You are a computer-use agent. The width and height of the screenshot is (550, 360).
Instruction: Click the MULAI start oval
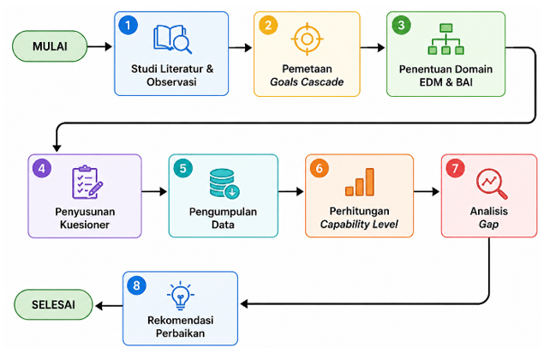click(50, 46)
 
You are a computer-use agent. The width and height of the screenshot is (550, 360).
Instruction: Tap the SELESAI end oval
click(53, 304)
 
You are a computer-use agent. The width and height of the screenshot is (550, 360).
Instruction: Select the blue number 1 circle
click(128, 25)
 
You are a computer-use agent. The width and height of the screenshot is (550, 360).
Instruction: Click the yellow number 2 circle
click(268, 25)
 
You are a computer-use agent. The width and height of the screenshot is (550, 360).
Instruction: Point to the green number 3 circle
click(401, 25)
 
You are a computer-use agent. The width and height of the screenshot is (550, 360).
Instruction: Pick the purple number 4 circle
click(42, 168)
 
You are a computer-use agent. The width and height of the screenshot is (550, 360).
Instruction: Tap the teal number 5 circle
click(182, 168)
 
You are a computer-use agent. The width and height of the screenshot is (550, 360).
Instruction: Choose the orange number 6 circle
click(320, 168)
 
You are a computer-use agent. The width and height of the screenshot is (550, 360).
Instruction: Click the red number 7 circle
click(455, 168)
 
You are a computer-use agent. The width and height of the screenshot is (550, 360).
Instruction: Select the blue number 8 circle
click(136, 285)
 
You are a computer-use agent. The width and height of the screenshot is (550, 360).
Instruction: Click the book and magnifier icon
click(172, 39)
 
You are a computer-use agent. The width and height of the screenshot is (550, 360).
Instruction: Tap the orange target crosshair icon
click(307, 39)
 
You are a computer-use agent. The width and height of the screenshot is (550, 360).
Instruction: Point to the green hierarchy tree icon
click(445, 39)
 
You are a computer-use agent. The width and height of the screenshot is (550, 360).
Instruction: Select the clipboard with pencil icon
click(87, 182)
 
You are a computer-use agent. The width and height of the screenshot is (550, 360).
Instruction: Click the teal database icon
click(224, 184)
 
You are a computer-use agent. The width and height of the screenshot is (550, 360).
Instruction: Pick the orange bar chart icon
click(360, 182)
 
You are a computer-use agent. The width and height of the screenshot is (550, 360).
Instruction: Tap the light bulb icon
click(181, 296)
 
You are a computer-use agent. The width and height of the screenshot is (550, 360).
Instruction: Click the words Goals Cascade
click(307, 81)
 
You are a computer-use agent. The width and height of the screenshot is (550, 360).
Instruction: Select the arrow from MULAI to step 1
click(99, 46)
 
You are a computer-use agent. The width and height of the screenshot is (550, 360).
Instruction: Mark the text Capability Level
click(359, 225)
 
